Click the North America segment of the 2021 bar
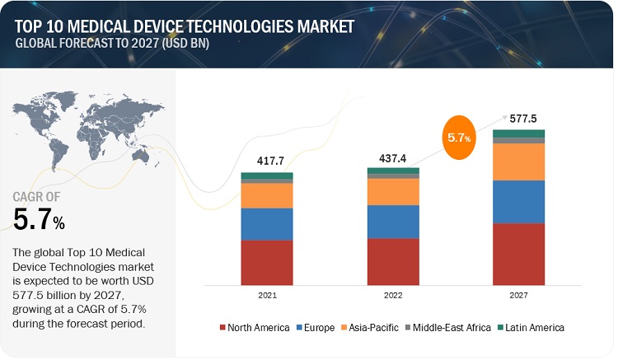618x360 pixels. coord(267,262)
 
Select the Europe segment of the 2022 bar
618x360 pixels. coord(393,222)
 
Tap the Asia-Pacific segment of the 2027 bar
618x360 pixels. coord(518,161)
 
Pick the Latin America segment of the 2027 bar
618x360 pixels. coord(518,133)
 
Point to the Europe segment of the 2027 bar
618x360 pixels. coord(518,202)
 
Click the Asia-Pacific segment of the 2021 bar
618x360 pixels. coord(267,195)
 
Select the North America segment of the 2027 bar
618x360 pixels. coord(518,254)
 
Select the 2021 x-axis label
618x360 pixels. coord(267,294)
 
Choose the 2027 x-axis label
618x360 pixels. coord(518,294)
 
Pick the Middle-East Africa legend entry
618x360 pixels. coord(442,328)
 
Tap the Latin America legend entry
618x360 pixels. coord(531,328)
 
